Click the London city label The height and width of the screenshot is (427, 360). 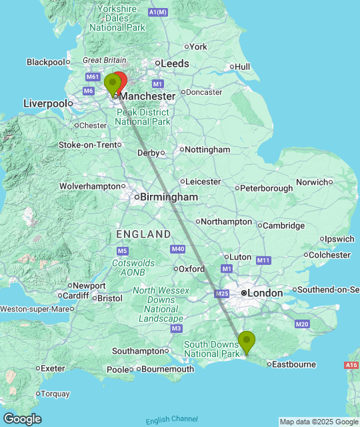click(x=266, y=293)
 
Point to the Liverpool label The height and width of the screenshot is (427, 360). click(x=45, y=103)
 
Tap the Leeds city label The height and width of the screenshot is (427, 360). click(x=174, y=63)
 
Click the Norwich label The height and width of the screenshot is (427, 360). click(x=312, y=181)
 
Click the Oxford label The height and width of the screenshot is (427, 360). click(x=191, y=268)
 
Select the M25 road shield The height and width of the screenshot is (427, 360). click(x=222, y=294)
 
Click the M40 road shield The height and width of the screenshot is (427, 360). click(x=177, y=249)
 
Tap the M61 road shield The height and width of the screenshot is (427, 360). click(x=91, y=77)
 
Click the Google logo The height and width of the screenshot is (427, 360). click(x=21, y=418)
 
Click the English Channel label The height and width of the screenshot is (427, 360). click(x=172, y=420)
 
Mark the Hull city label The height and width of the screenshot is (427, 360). click(x=242, y=67)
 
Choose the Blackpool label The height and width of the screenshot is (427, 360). click(x=45, y=62)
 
